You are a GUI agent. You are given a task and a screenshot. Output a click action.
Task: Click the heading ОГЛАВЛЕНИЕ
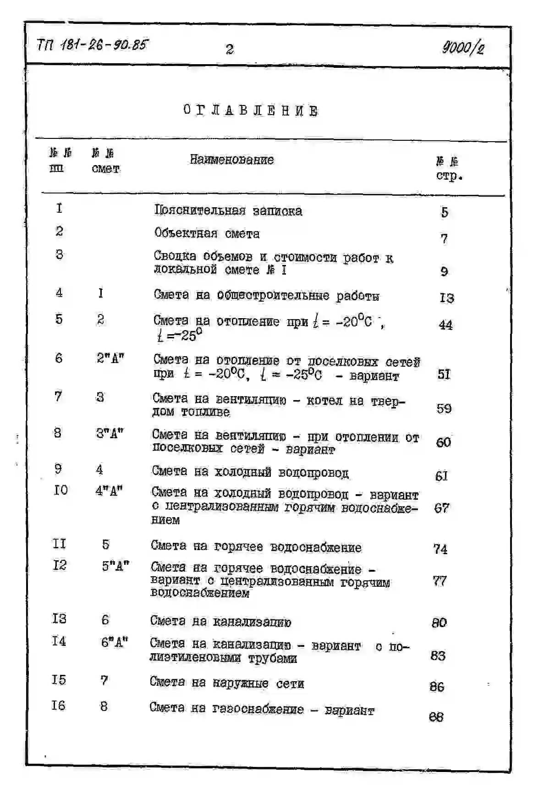tap(250, 110)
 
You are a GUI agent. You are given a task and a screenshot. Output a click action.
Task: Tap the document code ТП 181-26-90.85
tap(93, 45)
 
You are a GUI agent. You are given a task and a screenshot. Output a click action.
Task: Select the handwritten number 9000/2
tap(463, 47)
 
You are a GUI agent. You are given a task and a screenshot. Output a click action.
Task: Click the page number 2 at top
tap(230, 49)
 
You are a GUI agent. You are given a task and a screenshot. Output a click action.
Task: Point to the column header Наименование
tap(231, 160)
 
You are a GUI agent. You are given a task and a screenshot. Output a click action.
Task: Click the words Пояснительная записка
tap(228, 211)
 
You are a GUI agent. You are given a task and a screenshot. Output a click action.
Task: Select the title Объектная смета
tap(207, 233)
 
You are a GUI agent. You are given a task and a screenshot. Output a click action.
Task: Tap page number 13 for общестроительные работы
tap(446, 298)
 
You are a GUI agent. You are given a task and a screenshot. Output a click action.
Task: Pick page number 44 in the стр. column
tap(445, 325)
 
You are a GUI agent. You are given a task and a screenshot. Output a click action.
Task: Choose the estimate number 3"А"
tap(110, 433)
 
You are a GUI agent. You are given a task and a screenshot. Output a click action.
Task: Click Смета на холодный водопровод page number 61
tap(441, 476)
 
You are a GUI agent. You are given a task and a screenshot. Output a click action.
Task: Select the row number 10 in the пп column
tap(60, 491)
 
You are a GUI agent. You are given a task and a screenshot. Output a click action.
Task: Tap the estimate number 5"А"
tap(115, 566)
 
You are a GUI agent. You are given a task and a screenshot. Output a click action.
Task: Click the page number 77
tap(440, 581)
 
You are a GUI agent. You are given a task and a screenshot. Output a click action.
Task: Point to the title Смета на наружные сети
tap(226, 683)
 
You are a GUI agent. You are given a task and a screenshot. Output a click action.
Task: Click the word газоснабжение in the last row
tap(258, 709)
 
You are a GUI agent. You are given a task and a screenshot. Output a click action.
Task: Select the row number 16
tap(58, 705)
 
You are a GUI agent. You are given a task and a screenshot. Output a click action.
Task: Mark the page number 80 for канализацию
tap(439, 623)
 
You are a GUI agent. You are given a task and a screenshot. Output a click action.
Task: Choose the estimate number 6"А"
tap(114, 642)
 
